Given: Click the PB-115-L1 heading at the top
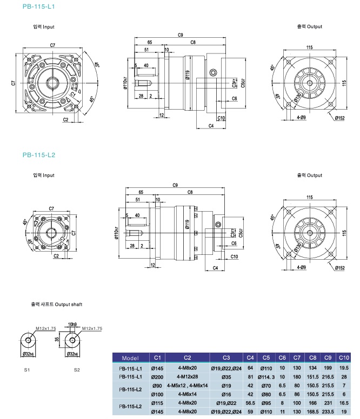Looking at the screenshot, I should pos(38,6).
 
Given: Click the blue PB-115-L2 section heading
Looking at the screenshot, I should pos(39,155).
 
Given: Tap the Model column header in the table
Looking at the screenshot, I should pos(131,358).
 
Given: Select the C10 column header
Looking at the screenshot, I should pos(343,358).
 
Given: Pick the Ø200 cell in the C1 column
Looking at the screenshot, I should pos(157,376).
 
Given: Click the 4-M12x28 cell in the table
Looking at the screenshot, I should pos(188,376).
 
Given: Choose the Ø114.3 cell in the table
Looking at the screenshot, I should pos(266,376).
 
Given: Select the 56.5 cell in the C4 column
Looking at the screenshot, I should pos(250,403).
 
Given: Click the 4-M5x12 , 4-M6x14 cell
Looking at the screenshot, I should pos(188,385).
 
